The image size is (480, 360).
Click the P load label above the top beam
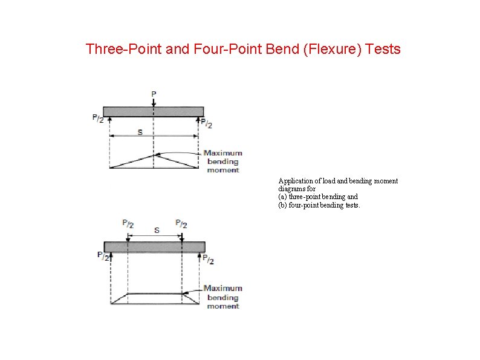pos(154,94)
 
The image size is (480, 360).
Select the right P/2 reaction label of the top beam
pos(206,124)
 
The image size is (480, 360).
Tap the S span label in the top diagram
pos(140,132)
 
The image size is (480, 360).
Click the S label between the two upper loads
pos(157,231)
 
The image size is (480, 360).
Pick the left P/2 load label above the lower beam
pos(128,223)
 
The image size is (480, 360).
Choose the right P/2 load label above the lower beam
pos(181,223)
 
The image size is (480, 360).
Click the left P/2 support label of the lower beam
pos(103,255)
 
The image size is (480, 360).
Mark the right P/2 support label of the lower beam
pos(207,260)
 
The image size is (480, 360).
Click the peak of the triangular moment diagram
pos(154,155)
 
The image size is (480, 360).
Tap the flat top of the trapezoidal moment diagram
pos(155,293)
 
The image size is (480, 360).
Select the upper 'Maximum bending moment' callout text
pos(222,162)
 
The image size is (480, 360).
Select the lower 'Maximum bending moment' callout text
pos(222,297)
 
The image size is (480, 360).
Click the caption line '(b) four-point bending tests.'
pos(319,205)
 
